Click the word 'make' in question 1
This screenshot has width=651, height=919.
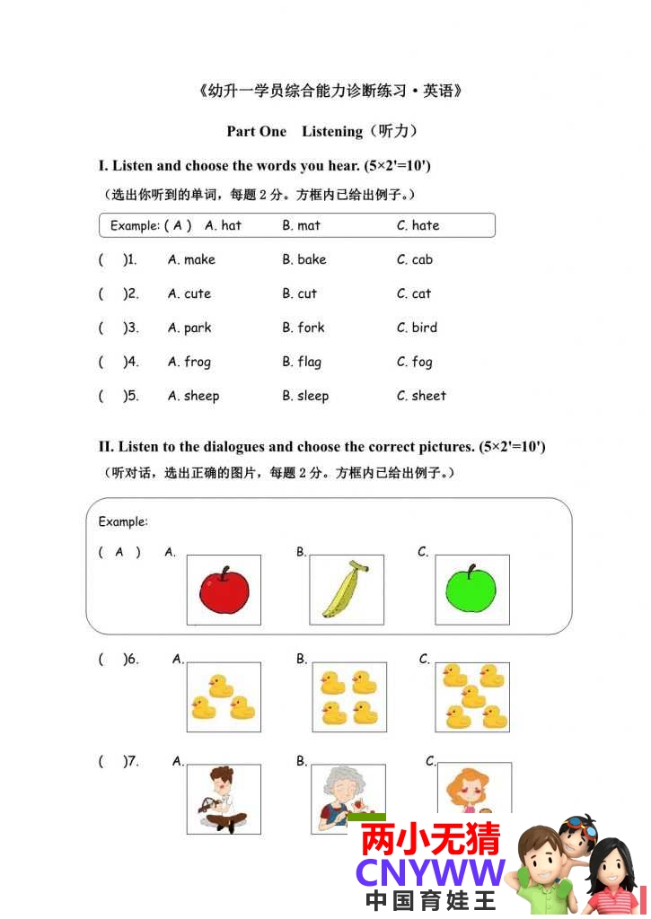point(199,259)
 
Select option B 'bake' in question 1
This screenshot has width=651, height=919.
point(312,259)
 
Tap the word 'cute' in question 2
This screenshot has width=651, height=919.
point(198,293)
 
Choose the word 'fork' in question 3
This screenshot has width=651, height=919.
point(311,328)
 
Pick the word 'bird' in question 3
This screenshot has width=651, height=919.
point(424,328)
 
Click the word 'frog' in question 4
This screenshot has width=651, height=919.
point(198,362)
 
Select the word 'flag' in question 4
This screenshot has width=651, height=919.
point(309,362)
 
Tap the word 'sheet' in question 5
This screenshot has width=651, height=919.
point(428,396)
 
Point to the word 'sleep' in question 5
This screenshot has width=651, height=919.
point(312,396)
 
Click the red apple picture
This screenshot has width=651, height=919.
point(224,591)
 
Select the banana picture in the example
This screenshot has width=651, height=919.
point(346,590)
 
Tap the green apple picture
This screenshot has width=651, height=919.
point(471,590)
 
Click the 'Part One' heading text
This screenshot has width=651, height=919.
point(257,131)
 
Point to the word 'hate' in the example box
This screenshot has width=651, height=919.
point(426,225)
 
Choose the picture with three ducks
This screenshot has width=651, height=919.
point(224,697)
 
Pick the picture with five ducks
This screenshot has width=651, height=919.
point(472,697)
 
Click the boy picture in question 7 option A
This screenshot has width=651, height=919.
point(224,799)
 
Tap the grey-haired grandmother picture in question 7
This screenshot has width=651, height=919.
point(346,797)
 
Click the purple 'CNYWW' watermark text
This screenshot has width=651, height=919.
point(430,872)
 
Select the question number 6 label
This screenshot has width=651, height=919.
point(132,660)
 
